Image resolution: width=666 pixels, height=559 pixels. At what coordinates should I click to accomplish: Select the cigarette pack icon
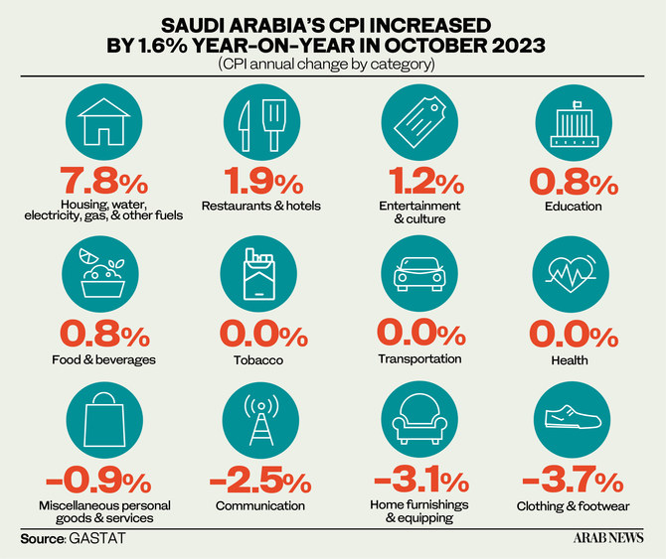[260, 277]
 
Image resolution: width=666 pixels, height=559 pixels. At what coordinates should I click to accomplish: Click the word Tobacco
[260, 359]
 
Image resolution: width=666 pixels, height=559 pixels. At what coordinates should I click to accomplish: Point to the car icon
[420, 277]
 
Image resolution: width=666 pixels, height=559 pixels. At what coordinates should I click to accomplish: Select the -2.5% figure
[260, 483]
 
